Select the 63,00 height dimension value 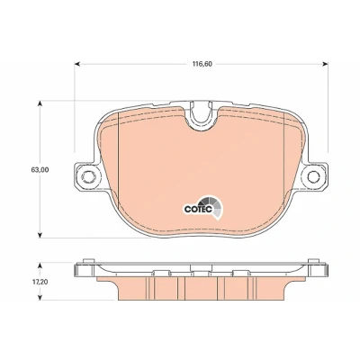[x=40, y=170]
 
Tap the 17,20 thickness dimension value [x=40, y=282]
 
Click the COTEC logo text [x=199, y=209]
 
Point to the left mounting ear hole [x=88, y=176]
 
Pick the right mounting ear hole [x=313, y=176]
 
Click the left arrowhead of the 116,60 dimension [x=77, y=64]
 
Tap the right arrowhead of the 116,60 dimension [x=325, y=64]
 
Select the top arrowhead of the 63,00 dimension [x=40, y=103]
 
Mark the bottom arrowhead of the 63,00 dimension [x=40, y=235]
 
